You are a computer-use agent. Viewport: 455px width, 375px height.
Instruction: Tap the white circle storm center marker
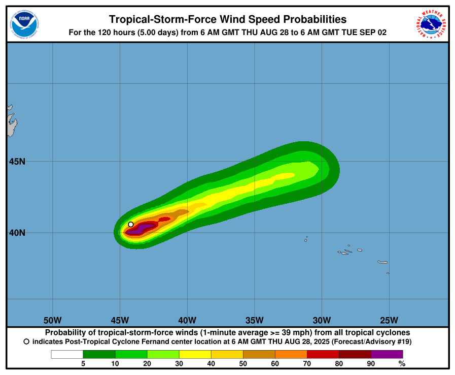[x=131, y=224]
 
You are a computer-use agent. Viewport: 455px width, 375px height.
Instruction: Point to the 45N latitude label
[x=17, y=162]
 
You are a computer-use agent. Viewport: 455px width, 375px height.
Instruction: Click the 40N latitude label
[x=17, y=233]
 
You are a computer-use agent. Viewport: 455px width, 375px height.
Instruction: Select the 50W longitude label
[x=53, y=320]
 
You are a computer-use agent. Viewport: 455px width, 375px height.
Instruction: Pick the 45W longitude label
[x=120, y=320]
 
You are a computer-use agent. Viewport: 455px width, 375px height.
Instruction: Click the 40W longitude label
[x=187, y=320]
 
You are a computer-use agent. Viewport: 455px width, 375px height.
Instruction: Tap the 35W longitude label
[x=254, y=320]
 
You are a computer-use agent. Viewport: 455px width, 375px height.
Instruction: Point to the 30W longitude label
[x=322, y=320]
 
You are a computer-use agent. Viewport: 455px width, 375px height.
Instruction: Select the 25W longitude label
[x=389, y=320]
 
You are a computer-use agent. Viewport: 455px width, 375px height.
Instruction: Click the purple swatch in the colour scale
[x=387, y=354]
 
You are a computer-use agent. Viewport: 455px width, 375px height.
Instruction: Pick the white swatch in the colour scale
[x=67, y=354]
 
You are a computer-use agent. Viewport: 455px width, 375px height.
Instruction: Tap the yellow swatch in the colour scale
[x=195, y=354]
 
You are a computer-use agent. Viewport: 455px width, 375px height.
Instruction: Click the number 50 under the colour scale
[x=243, y=363]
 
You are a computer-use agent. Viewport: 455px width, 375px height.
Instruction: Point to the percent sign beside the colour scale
[x=402, y=363]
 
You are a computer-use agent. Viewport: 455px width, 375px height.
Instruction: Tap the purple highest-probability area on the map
[x=140, y=229]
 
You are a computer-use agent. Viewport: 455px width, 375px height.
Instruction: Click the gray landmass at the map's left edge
[x=11, y=124]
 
